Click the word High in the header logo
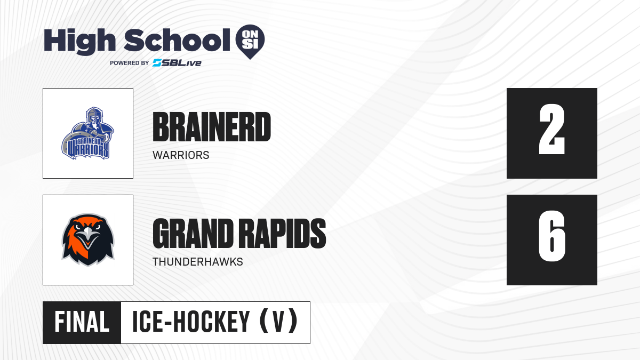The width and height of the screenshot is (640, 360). pos(79,41)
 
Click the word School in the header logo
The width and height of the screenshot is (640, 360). pos(177,40)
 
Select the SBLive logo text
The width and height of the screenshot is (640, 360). pos(177,63)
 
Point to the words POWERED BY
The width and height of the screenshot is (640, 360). pos(130,63)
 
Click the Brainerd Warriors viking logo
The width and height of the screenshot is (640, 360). pos(87,133)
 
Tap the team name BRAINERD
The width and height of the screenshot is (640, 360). pos(212,127)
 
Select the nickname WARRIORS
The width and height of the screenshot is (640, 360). pos(181,155)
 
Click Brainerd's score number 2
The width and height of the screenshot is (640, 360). pos(551,130)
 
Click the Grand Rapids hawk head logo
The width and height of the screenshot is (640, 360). pos(88,240)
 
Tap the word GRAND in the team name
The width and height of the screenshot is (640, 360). pos(193,234)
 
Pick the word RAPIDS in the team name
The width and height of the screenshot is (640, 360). pos(282,234)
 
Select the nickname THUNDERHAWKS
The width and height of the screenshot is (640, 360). pos(198,262)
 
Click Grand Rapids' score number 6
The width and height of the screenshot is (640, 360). pos(551,236)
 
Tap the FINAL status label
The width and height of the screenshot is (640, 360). pos(82,322)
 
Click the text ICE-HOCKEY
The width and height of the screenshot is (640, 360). pos(191,322)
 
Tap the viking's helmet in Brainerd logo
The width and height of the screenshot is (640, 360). pos(94,114)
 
